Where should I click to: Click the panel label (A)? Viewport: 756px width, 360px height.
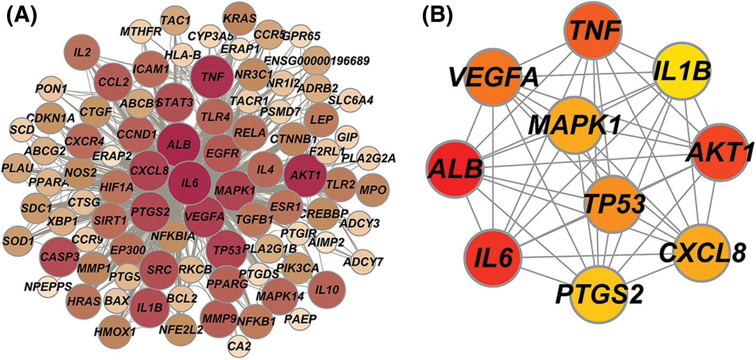21,16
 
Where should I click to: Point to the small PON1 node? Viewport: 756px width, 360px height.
52,88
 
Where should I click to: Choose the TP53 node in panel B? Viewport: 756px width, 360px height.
613,206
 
